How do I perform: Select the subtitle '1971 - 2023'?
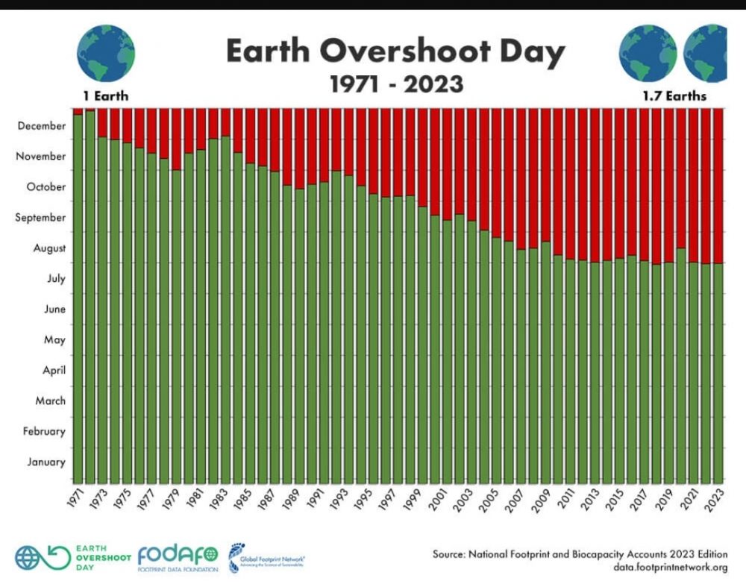click(x=396, y=83)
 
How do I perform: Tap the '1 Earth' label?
click(x=105, y=95)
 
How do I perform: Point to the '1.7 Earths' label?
click(x=674, y=96)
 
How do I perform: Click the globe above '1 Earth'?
click(x=106, y=52)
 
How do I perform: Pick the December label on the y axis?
click(x=42, y=126)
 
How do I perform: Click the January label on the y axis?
click(x=46, y=462)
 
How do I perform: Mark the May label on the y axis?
click(x=55, y=340)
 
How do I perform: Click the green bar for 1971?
click(x=78, y=298)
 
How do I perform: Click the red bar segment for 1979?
click(x=177, y=139)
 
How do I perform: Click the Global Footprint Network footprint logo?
click(x=236, y=556)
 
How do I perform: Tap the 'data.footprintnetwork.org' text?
click(x=671, y=568)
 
